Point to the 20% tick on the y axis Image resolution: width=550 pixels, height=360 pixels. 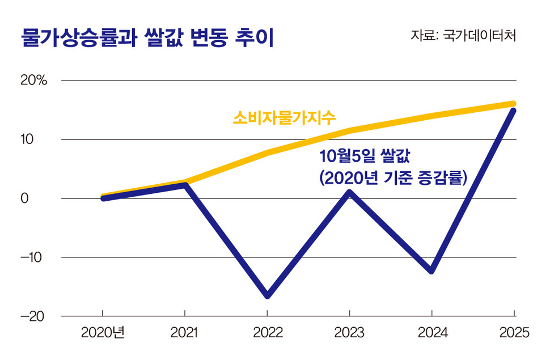click(33, 81)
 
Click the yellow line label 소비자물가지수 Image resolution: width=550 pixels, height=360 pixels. click(285, 118)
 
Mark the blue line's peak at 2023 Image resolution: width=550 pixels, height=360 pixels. click(349, 193)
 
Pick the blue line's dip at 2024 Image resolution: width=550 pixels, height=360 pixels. click(432, 270)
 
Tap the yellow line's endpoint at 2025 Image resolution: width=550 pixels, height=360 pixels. click(513, 104)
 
